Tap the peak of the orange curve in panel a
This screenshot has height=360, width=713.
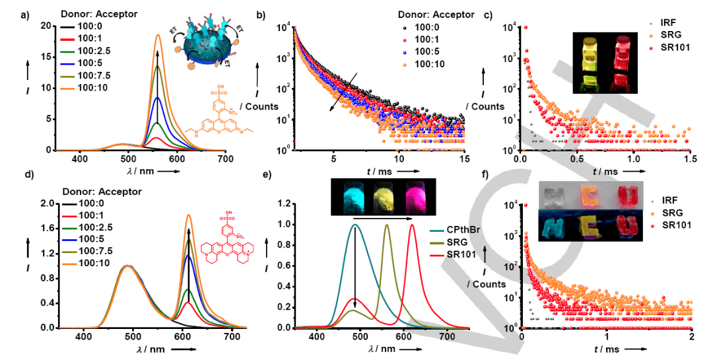click(158, 36)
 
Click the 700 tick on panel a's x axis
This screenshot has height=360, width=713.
click(225, 159)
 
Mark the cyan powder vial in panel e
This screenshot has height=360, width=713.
click(347, 196)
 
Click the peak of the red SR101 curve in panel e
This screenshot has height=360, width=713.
click(413, 225)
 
